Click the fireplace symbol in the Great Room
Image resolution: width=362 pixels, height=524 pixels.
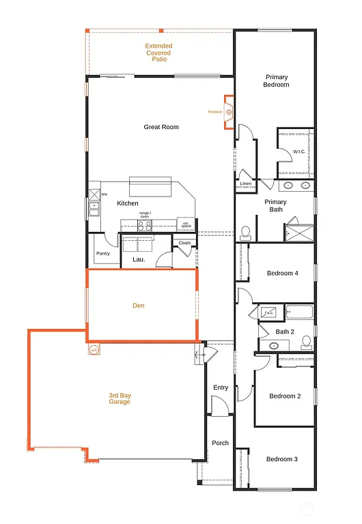pyautogui.click(x=229, y=111)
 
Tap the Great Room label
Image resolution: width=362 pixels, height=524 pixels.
pyautogui.click(x=161, y=127)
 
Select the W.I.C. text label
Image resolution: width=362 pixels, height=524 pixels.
pyautogui.click(x=299, y=151)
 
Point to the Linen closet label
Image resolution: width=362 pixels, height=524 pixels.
pyautogui.click(x=245, y=184)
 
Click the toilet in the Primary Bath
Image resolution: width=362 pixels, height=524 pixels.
pyautogui.click(x=245, y=233)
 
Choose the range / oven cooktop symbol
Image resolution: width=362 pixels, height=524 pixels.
pyautogui.click(x=145, y=226)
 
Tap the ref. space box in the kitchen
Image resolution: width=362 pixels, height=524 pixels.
pyautogui.click(x=185, y=224)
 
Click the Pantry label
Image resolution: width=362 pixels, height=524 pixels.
pyautogui.click(x=103, y=254)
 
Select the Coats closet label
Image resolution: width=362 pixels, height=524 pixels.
pyautogui.click(x=184, y=243)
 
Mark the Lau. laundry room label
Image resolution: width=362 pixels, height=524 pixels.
pyautogui.click(x=139, y=259)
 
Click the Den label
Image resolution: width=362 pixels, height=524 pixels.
pyautogui.click(x=139, y=306)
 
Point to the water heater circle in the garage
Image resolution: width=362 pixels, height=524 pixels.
pyautogui.click(x=94, y=350)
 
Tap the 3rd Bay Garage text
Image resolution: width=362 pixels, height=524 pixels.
pyautogui.click(x=120, y=398)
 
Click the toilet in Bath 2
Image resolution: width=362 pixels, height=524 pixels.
pyautogui.click(x=307, y=342)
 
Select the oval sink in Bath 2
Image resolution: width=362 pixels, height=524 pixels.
pyautogui.click(x=274, y=346)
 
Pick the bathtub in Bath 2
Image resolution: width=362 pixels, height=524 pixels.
pyautogui.click(x=299, y=314)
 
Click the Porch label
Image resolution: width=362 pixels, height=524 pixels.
pyautogui.click(x=220, y=443)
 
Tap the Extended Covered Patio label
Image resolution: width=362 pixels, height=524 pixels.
pyautogui.click(x=158, y=53)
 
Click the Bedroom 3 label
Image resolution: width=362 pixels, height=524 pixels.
pyautogui.click(x=282, y=459)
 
